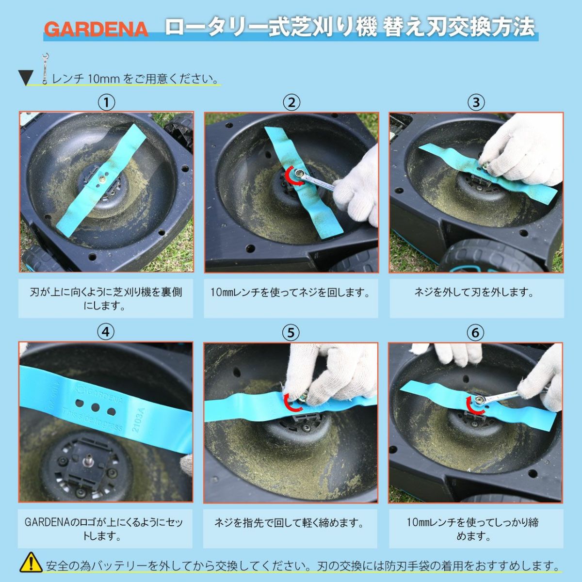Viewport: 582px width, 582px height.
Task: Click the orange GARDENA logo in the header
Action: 96,29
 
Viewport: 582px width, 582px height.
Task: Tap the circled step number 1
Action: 106,102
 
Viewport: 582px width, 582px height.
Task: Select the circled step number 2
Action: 291,102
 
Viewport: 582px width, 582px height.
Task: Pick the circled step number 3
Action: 476,102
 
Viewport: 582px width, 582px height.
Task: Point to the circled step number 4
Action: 106,332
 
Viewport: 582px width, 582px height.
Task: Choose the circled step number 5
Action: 291,333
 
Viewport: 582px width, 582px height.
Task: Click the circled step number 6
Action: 475,333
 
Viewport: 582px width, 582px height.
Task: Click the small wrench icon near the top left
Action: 45,69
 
